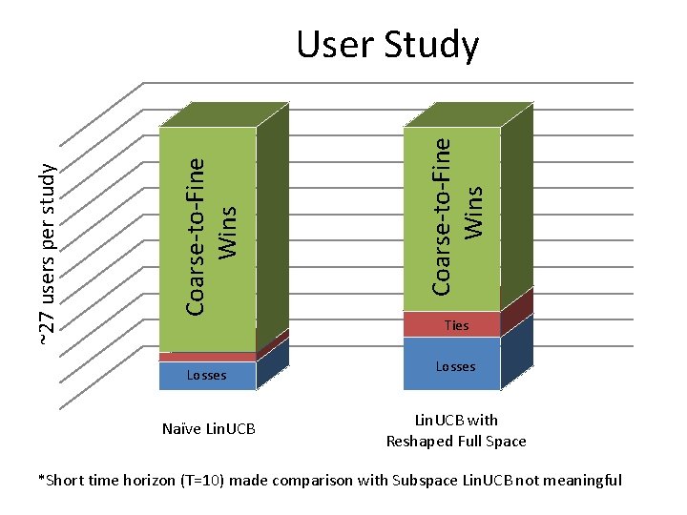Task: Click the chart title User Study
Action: pos(387,45)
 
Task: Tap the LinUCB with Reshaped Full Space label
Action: pos(456,430)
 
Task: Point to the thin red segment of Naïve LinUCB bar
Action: pos(207,356)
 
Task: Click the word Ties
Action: pos(457,325)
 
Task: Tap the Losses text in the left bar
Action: pos(206,375)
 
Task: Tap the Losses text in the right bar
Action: pos(455,366)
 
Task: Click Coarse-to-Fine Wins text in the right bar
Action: pos(455,215)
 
